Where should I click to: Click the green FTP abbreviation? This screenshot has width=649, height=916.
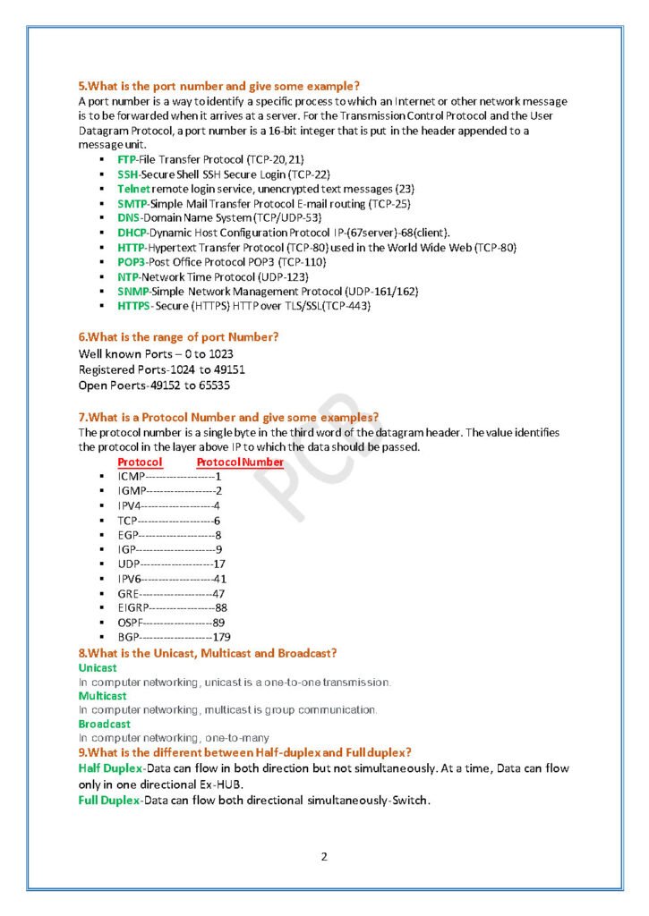[x=126, y=158]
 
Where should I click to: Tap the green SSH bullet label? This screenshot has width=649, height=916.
[x=127, y=174]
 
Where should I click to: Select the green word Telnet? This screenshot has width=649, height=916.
[x=133, y=189]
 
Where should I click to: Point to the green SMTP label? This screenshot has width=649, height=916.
[x=131, y=203]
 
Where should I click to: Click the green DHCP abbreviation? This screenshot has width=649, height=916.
[x=132, y=233]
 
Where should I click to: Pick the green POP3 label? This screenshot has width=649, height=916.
[x=131, y=261]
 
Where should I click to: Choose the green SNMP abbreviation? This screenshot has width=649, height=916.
[x=132, y=292]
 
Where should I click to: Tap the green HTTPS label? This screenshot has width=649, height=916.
[x=134, y=306]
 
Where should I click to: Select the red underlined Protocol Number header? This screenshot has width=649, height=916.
[x=240, y=462]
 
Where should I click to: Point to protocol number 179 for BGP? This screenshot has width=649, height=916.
[x=222, y=637]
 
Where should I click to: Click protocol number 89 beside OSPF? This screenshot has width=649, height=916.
[x=218, y=622]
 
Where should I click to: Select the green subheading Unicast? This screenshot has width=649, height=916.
[x=98, y=667]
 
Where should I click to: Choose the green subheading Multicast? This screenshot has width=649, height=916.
[x=102, y=695]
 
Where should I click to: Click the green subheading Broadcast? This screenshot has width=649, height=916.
[x=104, y=723]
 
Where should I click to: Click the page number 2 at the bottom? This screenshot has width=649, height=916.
[x=324, y=857]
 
